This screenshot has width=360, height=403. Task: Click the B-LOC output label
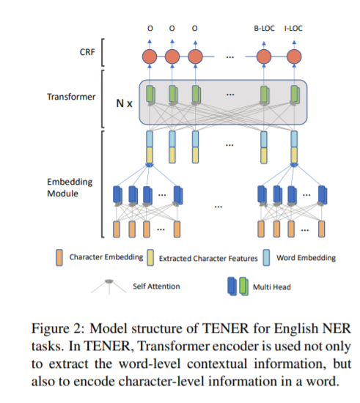click(264, 28)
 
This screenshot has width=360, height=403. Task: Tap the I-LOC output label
click(293, 28)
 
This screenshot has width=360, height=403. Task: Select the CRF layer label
click(87, 52)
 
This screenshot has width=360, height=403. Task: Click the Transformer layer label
click(71, 97)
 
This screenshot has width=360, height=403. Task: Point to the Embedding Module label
click(70, 188)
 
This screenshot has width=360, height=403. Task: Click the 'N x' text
click(124, 103)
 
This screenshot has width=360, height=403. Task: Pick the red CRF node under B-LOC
click(264, 56)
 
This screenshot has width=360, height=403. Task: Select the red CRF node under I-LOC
click(294, 56)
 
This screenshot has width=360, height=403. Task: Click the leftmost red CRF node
click(150, 56)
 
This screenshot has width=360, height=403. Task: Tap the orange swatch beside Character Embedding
click(59, 257)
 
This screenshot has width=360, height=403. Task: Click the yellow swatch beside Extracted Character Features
click(150, 257)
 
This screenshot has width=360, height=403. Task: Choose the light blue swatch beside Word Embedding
click(266, 257)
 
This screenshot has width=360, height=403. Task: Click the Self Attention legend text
click(156, 286)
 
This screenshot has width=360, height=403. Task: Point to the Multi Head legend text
click(272, 286)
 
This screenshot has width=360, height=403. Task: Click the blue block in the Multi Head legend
click(232, 286)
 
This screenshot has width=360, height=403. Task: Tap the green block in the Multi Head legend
click(243, 286)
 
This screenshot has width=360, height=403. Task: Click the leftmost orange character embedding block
click(117, 229)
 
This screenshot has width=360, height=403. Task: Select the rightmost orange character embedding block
click(321, 229)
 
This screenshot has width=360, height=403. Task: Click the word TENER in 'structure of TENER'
click(226, 328)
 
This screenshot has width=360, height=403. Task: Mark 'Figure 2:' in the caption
click(58, 329)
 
